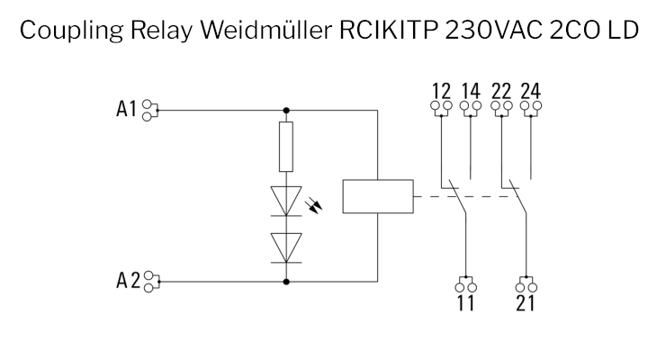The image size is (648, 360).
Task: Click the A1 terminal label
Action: click(127, 110)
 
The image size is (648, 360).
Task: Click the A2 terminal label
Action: click(128, 281)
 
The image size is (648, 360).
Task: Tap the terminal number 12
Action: click(440, 91)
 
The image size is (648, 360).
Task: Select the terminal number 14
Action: click(471, 91)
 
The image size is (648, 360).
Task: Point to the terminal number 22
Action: click(502, 91)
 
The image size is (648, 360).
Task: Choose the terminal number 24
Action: click(533, 91)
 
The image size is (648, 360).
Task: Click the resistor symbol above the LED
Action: click(287, 148)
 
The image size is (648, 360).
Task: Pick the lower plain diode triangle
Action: click(287, 243)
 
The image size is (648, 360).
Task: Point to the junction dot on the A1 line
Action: click(287, 111)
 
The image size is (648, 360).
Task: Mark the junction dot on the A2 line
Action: click(287, 281)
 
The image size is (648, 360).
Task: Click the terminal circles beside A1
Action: click(151, 111)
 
